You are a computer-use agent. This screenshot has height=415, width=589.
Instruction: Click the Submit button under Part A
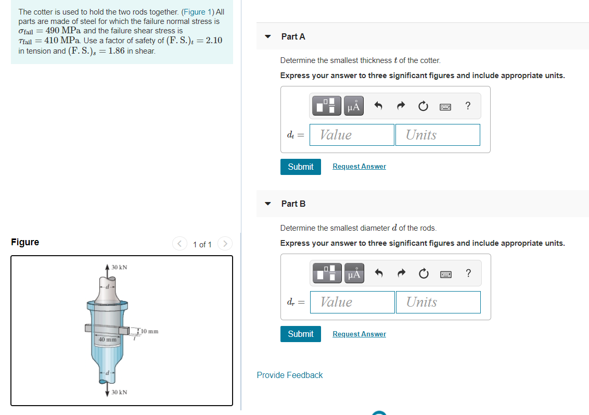(x=301, y=167)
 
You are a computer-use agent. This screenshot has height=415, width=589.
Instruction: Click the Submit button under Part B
(x=301, y=334)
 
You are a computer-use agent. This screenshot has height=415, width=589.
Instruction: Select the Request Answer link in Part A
(x=359, y=167)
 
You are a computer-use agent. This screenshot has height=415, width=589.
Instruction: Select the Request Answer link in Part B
(x=359, y=334)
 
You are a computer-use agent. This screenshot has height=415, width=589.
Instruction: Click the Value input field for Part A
(x=352, y=135)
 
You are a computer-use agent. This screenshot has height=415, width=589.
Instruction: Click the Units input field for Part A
(x=438, y=135)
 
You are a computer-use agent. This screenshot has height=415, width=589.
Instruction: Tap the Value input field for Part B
(x=352, y=302)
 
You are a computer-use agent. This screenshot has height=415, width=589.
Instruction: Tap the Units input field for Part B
(x=439, y=302)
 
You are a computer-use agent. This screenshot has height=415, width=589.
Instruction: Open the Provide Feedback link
(x=290, y=375)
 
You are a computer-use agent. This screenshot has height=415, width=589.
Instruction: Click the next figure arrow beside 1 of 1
(x=225, y=244)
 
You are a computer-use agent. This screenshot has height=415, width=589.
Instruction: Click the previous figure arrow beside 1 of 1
(x=180, y=244)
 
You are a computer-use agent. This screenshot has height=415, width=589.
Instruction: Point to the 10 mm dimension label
(x=149, y=331)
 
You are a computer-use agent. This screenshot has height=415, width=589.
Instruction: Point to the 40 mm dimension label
(x=107, y=339)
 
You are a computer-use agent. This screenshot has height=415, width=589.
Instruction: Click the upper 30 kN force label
(x=119, y=267)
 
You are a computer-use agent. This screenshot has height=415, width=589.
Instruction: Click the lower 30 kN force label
(x=119, y=392)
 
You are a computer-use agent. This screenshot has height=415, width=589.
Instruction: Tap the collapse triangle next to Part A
(x=268, y=36)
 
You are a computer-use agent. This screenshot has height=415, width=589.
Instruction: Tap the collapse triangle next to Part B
(x=268, y=204)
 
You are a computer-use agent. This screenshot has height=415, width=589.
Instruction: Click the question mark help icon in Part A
(x=468, y=106)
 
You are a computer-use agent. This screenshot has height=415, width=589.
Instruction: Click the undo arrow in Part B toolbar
(x=379, y=273)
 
